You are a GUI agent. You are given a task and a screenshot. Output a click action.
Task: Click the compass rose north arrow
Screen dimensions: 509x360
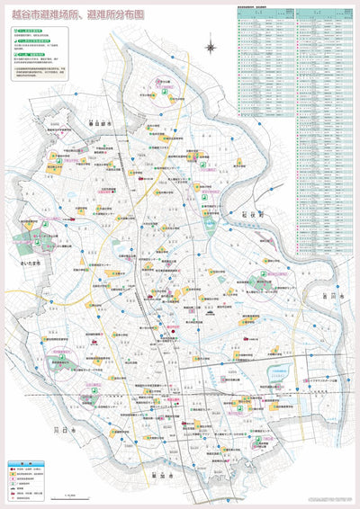(x=211, y=46)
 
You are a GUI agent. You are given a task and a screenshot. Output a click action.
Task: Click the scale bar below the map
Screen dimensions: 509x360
(x=70, y=493)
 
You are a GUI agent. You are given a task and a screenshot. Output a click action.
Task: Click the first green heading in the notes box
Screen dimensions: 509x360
(x=32, y=31)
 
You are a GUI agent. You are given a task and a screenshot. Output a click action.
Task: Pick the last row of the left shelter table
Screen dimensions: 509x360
(x=266, y=114)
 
